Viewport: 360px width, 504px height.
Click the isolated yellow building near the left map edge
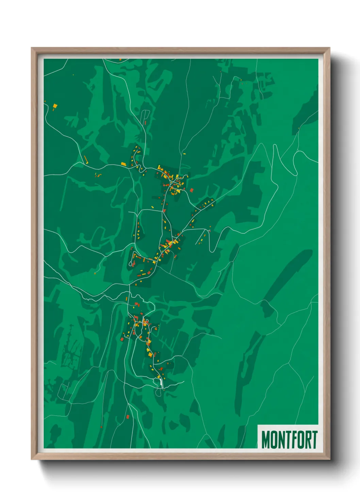click(x=55, y=107)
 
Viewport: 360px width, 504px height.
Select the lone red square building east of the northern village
click(x=192, y=190)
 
